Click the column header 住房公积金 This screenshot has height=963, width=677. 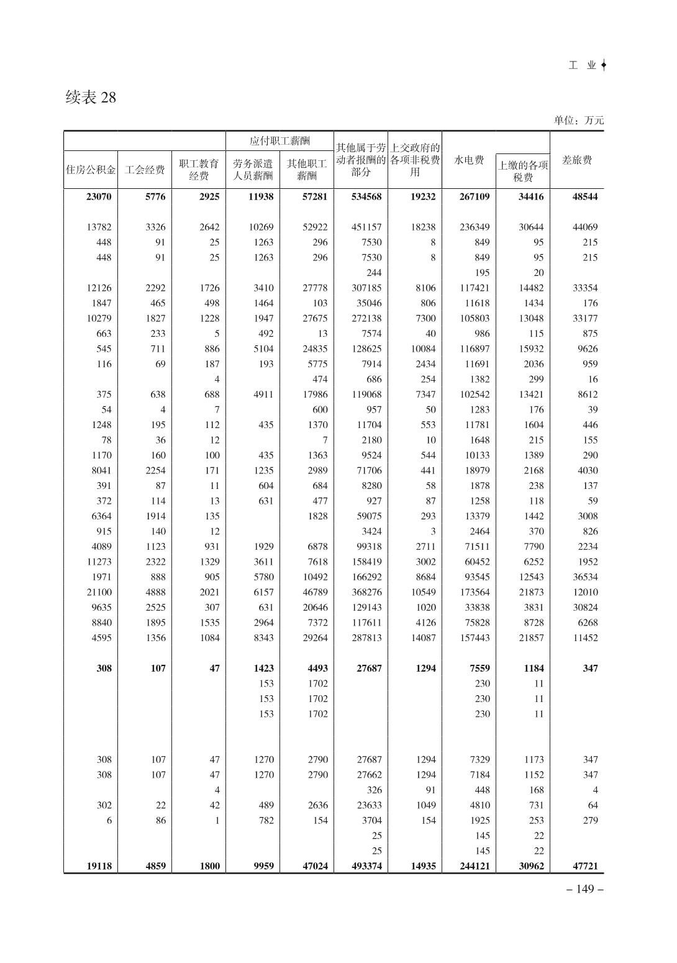tap(91, 169)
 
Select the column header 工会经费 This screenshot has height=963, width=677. tap(145, 169)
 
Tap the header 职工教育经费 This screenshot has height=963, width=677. tap(199, 169)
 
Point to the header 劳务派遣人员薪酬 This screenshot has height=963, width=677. tap(253, 169)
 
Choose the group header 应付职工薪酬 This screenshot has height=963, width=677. tap(279, 141)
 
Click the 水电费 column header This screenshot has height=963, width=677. tap(469, 160)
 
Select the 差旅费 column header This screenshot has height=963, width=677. tap(576, 160)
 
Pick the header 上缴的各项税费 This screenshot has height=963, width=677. tap(523, 171)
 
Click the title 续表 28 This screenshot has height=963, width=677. tap(91, 98)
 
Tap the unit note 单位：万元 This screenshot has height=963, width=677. tap(578, 121)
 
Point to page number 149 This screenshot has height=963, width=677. tap(585, 888)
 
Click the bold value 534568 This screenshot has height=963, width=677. tap(366, 197)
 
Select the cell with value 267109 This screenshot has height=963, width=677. tap(474, 197)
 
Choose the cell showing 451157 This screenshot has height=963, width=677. tap(366, 227)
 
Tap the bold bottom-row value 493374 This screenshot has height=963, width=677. tap(366, 866)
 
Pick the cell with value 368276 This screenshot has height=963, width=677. tap(366, 592)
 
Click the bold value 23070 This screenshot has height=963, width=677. tap(99, 197)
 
